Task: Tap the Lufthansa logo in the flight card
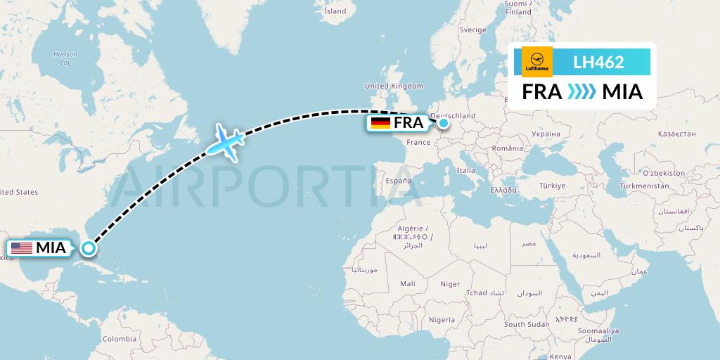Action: coord(537,62)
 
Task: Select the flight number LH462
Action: coord(598,62)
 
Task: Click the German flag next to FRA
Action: coord(380,123)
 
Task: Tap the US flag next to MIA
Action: coord(21,248)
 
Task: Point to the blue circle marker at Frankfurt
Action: coord(444,123)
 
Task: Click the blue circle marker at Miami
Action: coord(89,247)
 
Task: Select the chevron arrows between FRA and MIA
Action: coord(581,92)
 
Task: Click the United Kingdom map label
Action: coord(394,86)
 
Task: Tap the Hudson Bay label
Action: coord(65,58)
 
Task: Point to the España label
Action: coord(398,181)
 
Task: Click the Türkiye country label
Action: coord(552,186)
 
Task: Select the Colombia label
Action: coord(120,338)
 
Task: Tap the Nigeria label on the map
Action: coord(442,320)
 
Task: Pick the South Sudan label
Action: coord(526,324)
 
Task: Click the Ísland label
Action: coord(335,11)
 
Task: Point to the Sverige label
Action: coord(472,30)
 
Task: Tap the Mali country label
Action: coord(407,283)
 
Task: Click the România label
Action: coord(508,148)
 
